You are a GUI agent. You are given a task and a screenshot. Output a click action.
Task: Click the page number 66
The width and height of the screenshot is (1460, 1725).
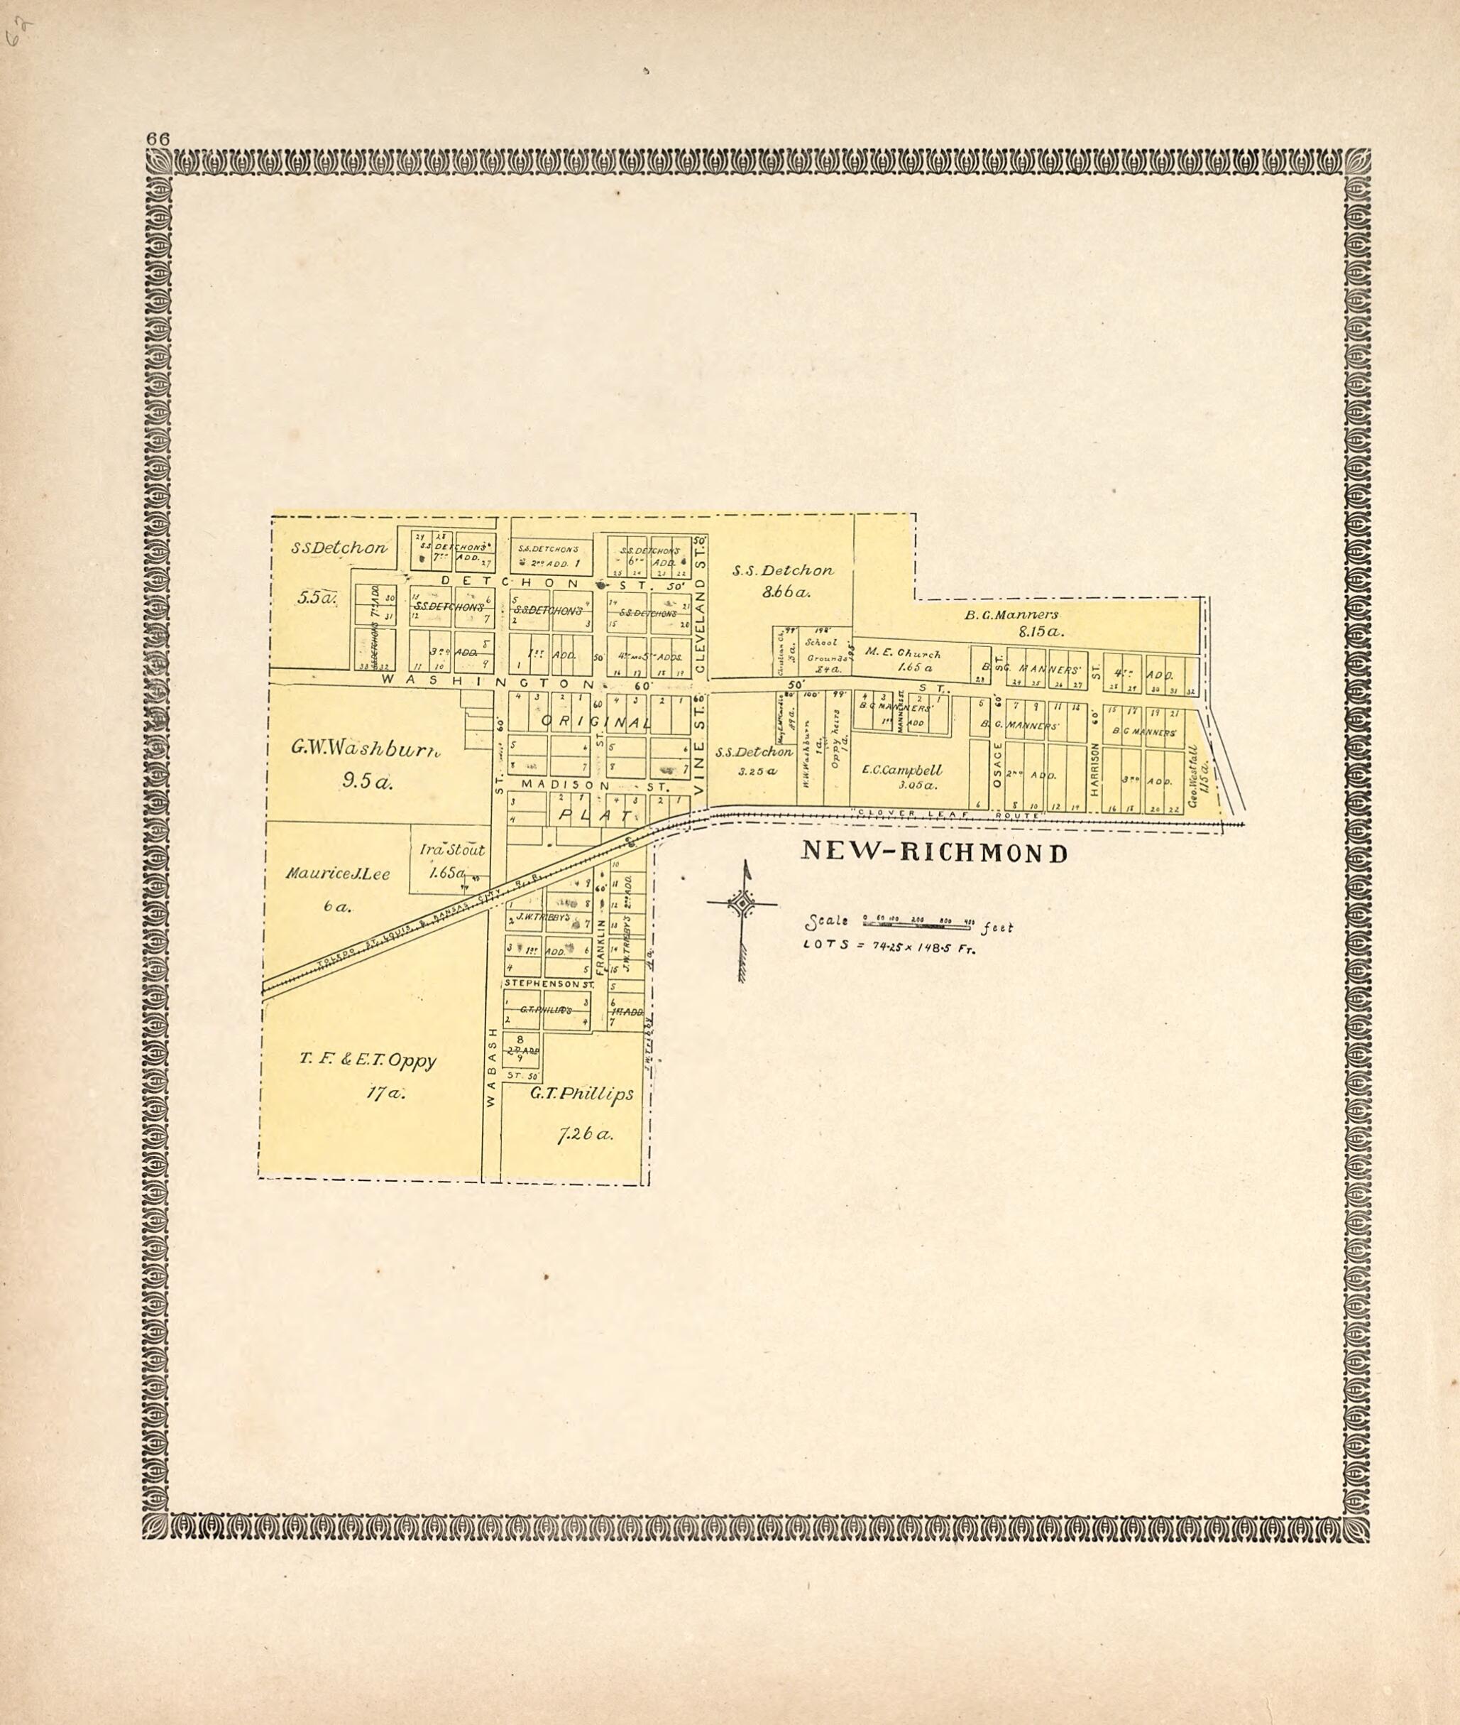point(158,138)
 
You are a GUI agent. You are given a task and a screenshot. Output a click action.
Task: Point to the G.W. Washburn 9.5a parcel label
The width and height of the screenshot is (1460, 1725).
point(365,763)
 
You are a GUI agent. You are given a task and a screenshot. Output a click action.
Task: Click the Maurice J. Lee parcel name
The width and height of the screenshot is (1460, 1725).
point(338,873)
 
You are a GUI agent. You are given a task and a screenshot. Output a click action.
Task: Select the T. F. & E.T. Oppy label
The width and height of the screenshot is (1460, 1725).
point(368,1060)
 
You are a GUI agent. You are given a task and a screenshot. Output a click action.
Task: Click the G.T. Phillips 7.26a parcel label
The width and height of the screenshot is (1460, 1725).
point(583,1112)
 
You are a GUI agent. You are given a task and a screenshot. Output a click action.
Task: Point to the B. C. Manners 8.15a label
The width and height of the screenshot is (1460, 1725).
point(1011,622)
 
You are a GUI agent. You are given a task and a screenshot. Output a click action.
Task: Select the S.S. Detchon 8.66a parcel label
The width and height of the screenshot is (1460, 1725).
point(782,579)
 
